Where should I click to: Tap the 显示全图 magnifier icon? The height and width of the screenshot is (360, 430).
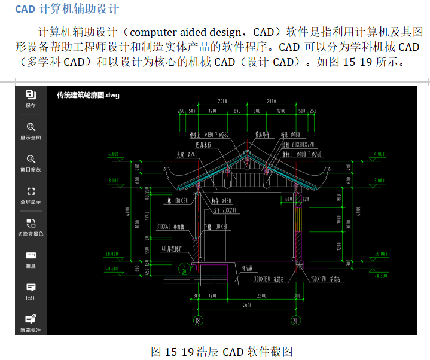(x=31, y=127)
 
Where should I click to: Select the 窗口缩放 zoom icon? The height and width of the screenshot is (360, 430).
(x=31, y=159)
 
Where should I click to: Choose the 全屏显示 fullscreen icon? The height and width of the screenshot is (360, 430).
(x=31, y=191)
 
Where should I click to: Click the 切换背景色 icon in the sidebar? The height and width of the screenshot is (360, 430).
(x=31, y=223)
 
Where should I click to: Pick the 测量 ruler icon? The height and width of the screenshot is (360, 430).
(x=31, y=255)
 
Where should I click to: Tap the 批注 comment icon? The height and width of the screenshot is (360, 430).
(x=31, y=288)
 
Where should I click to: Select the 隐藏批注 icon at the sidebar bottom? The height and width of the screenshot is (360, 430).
(x=31, y=319)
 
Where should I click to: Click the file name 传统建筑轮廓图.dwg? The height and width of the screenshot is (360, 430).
(x=88, y=94)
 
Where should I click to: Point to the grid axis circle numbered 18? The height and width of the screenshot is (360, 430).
(x=197, y=321)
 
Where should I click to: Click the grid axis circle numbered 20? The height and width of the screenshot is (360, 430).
(x=295, y=321)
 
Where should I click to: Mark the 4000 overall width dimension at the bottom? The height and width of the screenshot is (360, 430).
(x=246, y=306)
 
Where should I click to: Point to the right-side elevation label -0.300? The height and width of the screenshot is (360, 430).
(x=380, y=276)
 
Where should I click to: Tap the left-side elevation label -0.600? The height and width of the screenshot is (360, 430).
(x=112, y=269)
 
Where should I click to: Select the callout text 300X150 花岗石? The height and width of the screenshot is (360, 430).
(x=269, y=279)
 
